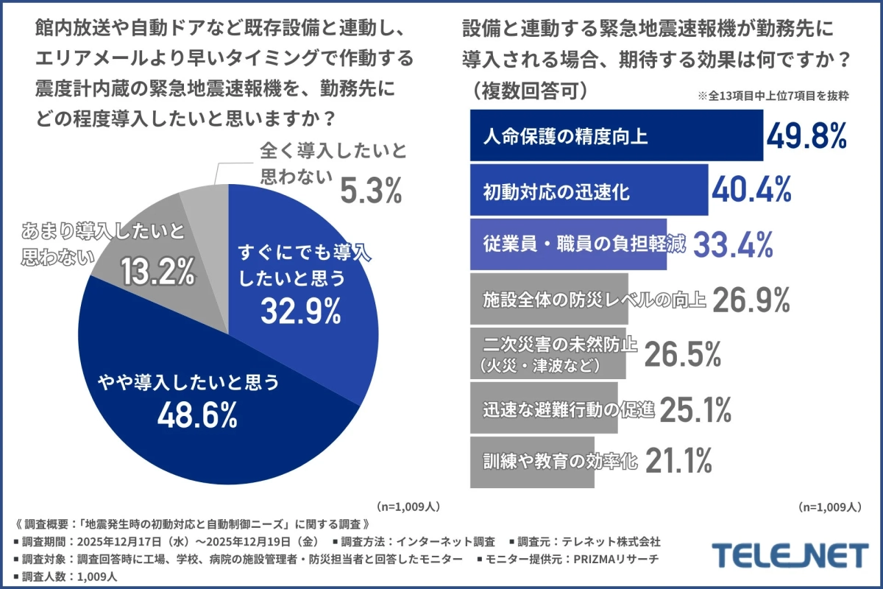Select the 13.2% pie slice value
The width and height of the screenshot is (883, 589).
[157, 272]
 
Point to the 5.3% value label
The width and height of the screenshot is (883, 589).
[371, 191]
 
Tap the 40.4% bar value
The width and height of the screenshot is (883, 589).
[751, 190]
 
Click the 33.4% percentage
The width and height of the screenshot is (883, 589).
[734, 244]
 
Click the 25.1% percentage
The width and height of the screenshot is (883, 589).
[695, 409]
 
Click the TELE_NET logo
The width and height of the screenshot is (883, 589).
[791, 554]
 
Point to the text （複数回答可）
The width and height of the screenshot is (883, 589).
[529, 91]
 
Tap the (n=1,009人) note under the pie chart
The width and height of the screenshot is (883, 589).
[408, 507]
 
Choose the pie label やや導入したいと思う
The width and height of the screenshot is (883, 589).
[189, 381]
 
